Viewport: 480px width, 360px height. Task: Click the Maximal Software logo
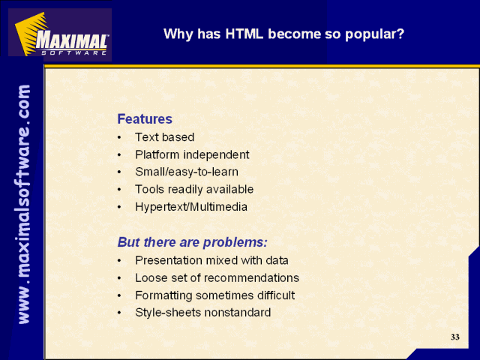60,34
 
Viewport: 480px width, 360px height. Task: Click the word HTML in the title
244,34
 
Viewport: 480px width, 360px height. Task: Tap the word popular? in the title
375,34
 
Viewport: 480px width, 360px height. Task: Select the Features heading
145,118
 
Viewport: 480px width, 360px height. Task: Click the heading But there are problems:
193,242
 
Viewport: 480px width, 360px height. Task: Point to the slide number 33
455,337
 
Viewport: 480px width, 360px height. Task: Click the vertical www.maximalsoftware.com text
24,204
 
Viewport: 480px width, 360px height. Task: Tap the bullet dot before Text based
119,138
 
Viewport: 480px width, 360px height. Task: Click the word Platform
157,154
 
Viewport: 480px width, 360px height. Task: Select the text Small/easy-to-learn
187,172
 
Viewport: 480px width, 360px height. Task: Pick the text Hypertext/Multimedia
191,207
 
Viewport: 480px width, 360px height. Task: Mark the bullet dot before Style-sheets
119,313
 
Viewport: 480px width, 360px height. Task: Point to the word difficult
276,295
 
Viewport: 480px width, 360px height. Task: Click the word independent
216,154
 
